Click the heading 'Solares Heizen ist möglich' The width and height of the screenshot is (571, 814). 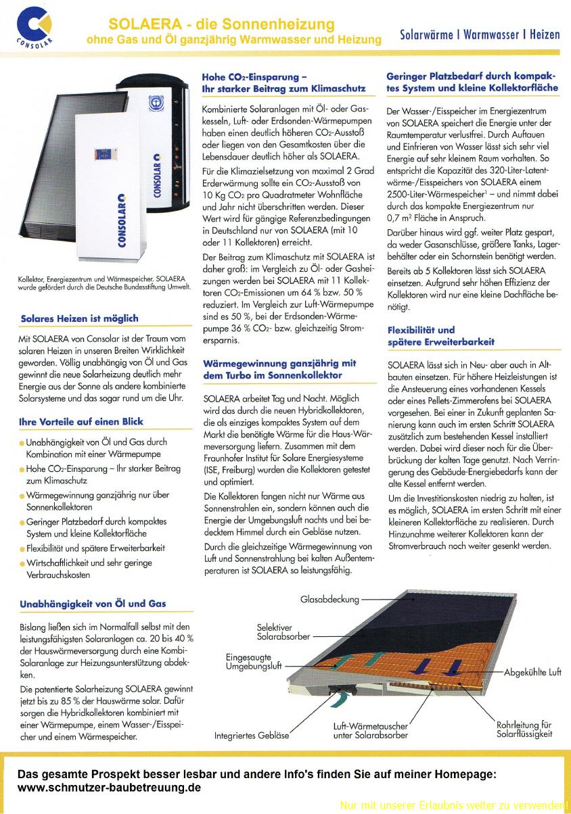click(80, 318)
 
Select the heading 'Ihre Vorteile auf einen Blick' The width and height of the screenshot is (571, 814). click(81, 421)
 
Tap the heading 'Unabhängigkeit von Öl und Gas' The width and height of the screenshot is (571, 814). click(93, 604)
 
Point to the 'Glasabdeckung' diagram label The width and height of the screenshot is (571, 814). click(329, 600)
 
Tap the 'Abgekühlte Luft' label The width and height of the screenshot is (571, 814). click(532, 672)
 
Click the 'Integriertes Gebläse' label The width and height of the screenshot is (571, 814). click(252, 736)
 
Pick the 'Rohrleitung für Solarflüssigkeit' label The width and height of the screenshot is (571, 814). click(524, 729)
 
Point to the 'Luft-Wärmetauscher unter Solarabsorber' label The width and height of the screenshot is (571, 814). click(371, 730)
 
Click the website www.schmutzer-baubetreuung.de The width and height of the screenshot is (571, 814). click(109, 788)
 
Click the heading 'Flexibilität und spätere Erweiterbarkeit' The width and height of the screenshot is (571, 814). click(440, 336)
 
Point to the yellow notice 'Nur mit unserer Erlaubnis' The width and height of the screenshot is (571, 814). click(453, 805)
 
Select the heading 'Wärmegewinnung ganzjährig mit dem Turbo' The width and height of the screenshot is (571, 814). click(279, 369)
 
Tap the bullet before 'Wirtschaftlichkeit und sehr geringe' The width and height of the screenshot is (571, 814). click(22, 563)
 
